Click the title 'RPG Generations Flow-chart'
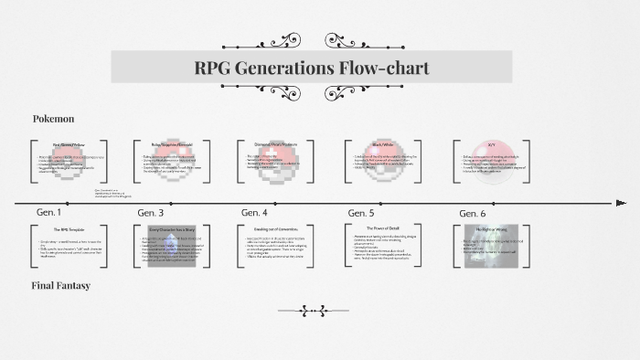tap(312, 68)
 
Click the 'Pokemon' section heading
tap(53, 119)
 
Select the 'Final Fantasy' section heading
tap(60, 286)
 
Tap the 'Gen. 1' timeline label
tap(49, 212)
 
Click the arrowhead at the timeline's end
tap(622, 202)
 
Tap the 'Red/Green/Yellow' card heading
tap(69, 144)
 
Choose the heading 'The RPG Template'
tap(69, 229)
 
